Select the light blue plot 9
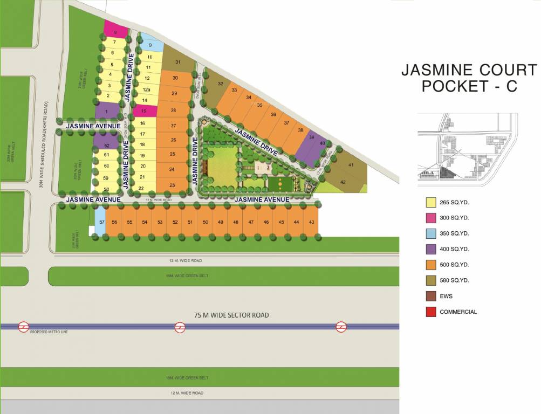(x=150, y=45)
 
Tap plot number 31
(x=178, y=61)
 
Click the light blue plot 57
(x=100, y=222)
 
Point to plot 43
(x=311, y=222)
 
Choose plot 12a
(x=146, y=89)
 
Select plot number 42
(x=344, y=182)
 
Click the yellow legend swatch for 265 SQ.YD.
(x=431, y=203)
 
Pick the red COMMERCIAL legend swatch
(x=431, y=312)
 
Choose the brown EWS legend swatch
(x=431, y=296)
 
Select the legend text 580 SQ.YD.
(x=454, y=280)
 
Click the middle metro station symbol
(x=180, y=327)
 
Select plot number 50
(x=205, y=222)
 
